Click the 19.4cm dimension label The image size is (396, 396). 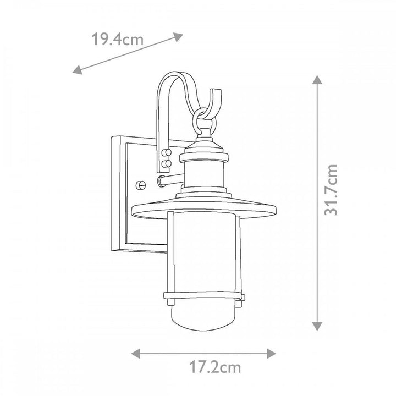pyautogui.click(x=117, y=40)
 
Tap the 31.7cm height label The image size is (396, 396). pyautogui.click(x=331, y=190)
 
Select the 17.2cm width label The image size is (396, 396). pyautogui.click(x=215, y=367)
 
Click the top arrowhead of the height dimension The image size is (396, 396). pyautogui.click(x=317, y=80)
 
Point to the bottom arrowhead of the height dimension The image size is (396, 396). pyautogui.click(x=317, y=326)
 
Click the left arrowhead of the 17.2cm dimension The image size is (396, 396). pyautogui.click(x=136, y=353)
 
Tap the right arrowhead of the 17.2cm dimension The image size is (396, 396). pyautogui.click(x=271, y=353)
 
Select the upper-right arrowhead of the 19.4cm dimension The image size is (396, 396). pyautogui.click(x=178, y=37)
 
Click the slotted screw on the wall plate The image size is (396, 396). pyautogui.click(x=141, y=185)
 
